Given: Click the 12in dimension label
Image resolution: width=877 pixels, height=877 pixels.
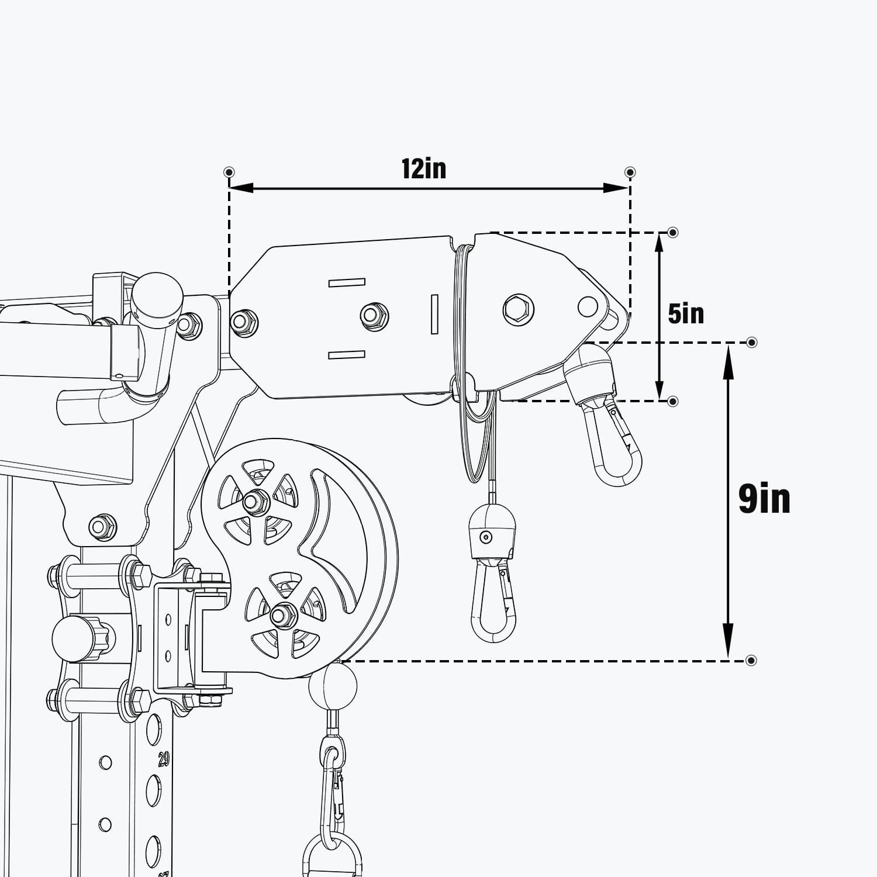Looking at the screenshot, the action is coord(423,168).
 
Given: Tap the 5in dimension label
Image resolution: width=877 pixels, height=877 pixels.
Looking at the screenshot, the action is coord(686,313).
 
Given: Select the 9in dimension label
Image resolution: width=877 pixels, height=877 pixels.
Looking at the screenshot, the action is coord(764,499).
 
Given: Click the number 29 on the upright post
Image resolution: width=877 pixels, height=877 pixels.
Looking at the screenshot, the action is coord(163,759).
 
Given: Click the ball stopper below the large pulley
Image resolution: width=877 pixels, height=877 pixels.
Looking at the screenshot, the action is coord(332,685).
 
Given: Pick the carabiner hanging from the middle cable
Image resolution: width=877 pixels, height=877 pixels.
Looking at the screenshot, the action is coord(494,599).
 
